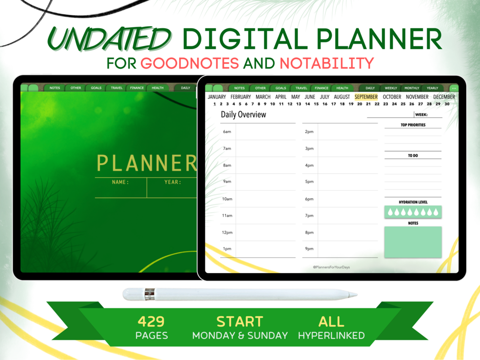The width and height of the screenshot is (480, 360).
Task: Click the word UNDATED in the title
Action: (110, 39)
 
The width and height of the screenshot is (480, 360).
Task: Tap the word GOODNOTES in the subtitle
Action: (190, 63)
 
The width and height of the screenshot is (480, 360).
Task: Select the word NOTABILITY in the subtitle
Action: (326, 63)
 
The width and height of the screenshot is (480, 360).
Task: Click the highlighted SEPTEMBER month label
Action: (366, 97)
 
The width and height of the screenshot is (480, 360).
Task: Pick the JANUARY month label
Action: (217, 97)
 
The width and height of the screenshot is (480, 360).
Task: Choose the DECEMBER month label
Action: (444, 97)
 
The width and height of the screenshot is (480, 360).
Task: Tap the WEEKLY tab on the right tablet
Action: (391, 88)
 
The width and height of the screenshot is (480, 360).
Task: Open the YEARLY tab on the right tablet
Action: (432, 88)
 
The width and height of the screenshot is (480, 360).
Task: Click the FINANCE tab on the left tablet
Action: (137, 88)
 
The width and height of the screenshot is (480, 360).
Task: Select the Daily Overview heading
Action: (243, 115)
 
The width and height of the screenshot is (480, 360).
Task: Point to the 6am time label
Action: (227, 132)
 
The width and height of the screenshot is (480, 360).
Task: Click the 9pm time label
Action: (309, 249)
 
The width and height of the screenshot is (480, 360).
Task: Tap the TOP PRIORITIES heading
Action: (413, 125)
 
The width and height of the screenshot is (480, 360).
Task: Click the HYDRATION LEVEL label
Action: (413, 202)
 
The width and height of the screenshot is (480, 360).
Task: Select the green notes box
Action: (413, 242)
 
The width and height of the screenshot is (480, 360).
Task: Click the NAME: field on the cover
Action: (120, 182)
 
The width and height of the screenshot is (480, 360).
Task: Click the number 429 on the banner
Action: (151, 321)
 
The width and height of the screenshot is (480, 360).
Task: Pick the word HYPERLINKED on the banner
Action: (331, 336)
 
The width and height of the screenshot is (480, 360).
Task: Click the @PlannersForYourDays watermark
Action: (331, 267)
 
